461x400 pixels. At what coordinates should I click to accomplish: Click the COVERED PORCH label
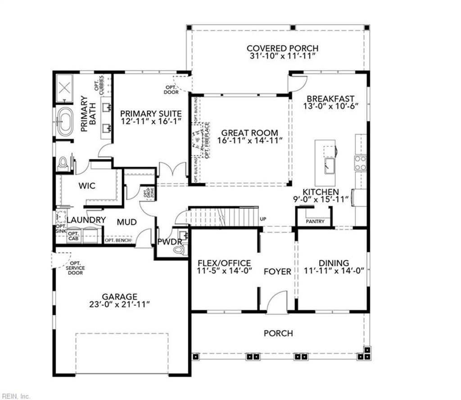click(x=282, y=48)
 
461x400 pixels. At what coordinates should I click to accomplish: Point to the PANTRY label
click(x=315, y=222)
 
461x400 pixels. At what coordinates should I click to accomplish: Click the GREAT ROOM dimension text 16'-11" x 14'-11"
click(x=249, y=141)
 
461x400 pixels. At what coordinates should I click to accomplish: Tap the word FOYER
click(x=277, y=272)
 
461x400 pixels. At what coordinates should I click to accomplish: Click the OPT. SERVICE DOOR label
click(x=75, y=268)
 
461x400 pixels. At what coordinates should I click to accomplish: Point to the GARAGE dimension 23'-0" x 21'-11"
click(x=119, y=305)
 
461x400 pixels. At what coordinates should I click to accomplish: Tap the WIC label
click(x=87, y=186)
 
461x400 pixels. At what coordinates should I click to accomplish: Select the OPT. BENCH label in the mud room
click(x=118, y=241)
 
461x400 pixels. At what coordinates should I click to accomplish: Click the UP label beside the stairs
click(x=264, y=219)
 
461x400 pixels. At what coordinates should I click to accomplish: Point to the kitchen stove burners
click(x=361, y=163)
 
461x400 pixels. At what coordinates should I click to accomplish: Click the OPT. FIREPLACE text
click(x=207, y=140)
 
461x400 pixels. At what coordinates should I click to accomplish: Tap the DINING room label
click(x=334, y=263)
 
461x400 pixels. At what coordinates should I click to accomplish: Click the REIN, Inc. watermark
click(x=15, y=396)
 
